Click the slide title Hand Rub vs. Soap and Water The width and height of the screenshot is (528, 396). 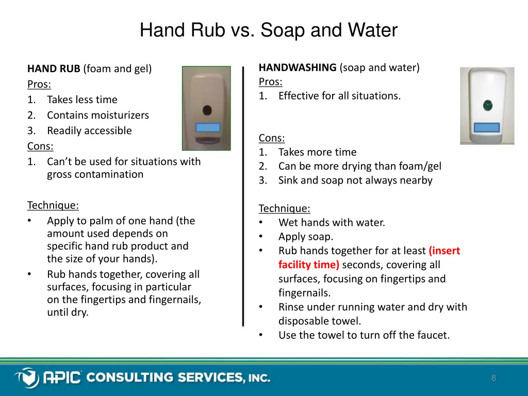pyautogui.click(x=268, y=30)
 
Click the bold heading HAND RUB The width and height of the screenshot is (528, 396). pyautogui.click(x=54, y=69)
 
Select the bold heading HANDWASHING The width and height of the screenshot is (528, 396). pyautogui.click(x=298, y=68)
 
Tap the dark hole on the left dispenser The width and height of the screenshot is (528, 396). pyautogui.click(x=207, y=110)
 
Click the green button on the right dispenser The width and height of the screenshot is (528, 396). pyautogui.click(x=487, y=107)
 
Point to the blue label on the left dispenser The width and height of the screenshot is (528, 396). pyautogui.click(x=207, y=127)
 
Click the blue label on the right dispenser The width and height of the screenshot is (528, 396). pyautogui.click(x=486, y=127)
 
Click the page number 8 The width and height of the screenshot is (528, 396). pyautogui.click(x=493, y=378)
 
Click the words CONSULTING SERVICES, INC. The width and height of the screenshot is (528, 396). pyautogui.click(x=178, y=378)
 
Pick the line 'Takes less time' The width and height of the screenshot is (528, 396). pyautogui.click(x=82, y=100)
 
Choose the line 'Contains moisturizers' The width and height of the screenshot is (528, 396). pyautogui.click(x=98, y=115)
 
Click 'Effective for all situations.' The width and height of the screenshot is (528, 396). pyautogui.click(x=339, y=96)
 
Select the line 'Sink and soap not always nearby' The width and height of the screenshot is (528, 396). pyautogui.click(x=355, y=180)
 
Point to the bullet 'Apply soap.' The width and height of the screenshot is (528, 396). pyautogui.click(x=306, y=237)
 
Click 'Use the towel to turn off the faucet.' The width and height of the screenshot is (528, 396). pyautogui.click(x=364, y=335)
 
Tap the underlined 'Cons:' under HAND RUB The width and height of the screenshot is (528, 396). pyautogui.click(x=40, y=146)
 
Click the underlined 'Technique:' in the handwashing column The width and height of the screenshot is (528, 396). pyautogui.click(x=284, y=209)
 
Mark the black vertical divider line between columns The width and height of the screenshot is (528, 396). pyautogui.click(x=243, y=196)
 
